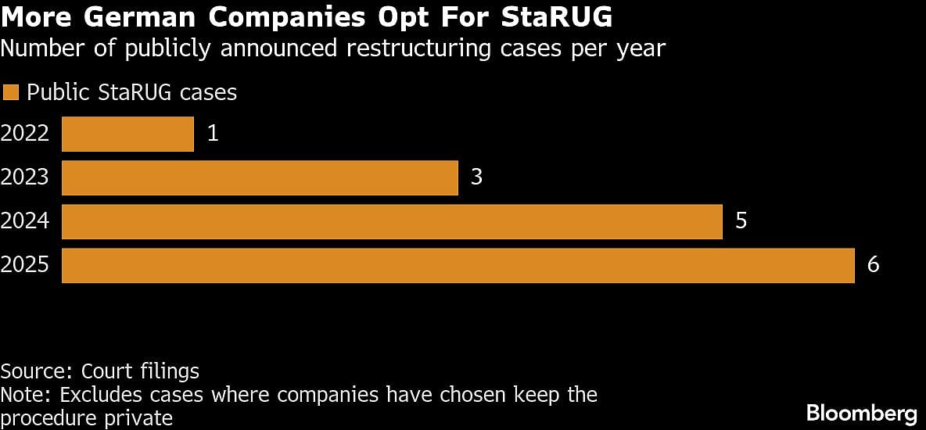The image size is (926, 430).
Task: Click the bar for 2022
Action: point(127,134)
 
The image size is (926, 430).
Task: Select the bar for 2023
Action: point(260,177)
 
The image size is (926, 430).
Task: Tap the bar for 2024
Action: point(392,221)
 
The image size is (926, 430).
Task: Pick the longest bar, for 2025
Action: point(458,265)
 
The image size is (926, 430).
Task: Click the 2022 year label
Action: point(25,134)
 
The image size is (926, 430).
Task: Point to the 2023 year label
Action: point(25,177)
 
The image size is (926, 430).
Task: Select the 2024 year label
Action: point(25,221)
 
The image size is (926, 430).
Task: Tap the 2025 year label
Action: point(25,265)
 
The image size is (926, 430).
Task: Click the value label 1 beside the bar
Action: point(213,134)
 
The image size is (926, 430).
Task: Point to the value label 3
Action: point(476,177)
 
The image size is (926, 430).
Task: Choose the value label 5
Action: point(741,221)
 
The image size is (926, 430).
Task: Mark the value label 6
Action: point(873,265)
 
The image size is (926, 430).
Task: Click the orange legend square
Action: point(10,93)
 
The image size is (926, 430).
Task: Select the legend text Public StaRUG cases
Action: point(131,93)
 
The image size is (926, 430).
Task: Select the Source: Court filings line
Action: point(100,371)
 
